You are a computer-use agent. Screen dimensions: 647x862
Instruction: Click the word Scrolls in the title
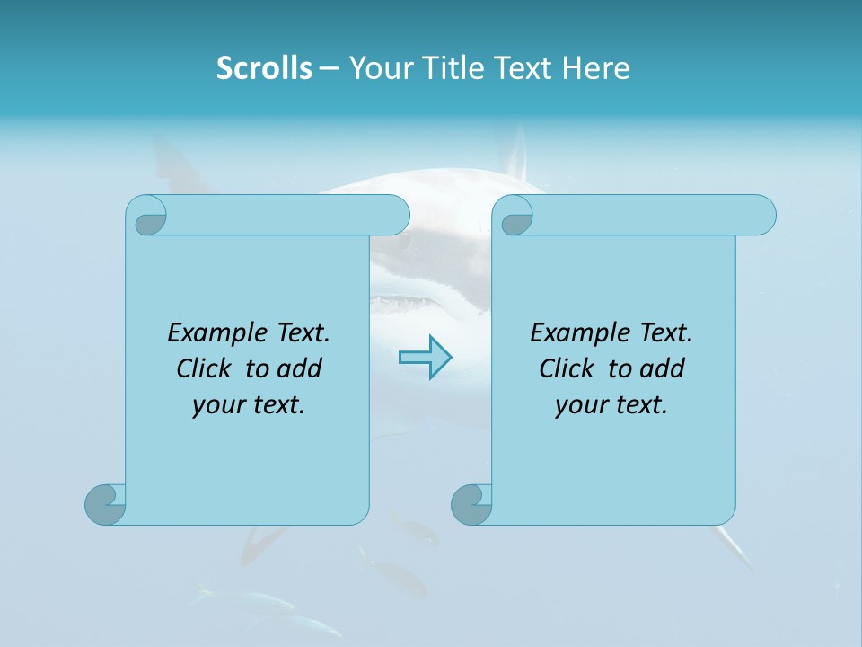[x=264, y=68]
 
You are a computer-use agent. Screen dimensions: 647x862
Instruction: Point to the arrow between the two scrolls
[x=425, y=357]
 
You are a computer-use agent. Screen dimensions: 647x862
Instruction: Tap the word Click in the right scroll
[x=567, y=369]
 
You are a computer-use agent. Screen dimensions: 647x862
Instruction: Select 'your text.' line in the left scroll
[x=249, y=405]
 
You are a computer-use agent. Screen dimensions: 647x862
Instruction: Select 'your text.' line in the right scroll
[x=611, y=405]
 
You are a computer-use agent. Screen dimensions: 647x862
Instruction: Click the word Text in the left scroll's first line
[x=303, y=333]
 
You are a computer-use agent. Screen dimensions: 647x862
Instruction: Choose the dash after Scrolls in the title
[x=329, y=68]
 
